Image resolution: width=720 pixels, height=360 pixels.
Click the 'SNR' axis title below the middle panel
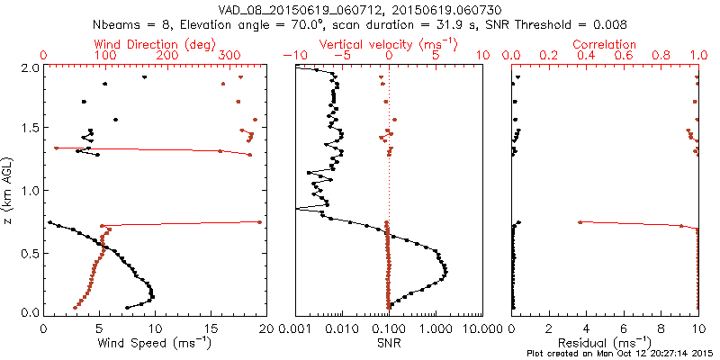pyautogui.click(x=390, y=342)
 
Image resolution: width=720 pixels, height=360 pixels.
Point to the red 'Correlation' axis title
pyautogui.click(x=605, y=43)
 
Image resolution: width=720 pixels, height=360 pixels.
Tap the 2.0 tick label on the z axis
pyautogui.click(x=30, y=67)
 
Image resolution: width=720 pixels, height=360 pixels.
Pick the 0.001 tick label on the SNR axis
pyautogui.click(x=297, y=328)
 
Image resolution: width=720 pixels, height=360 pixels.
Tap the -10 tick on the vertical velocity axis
pyautogui.click(x=292, y=55)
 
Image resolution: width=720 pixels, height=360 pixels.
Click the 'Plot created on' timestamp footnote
pyautogui.click(x=619, y=353)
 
